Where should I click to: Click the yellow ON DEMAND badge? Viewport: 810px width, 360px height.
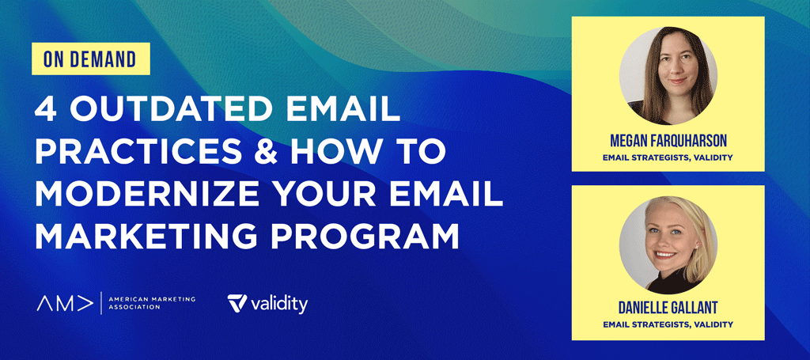click(x=91, y=59)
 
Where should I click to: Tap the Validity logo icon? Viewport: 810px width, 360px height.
click(x=237, y=303)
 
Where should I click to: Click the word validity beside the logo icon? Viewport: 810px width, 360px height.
click(x=278, y=304)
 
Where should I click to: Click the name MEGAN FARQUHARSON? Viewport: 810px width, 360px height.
click(x=668, y=141)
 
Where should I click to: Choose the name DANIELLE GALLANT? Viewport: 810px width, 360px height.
click(x=668, y=309)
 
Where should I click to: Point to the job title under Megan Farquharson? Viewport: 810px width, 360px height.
click(x=668, y=157)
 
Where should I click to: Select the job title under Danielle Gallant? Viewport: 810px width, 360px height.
click(x=668, y=325)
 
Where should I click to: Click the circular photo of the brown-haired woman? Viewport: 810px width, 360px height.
click(x=668, y=76)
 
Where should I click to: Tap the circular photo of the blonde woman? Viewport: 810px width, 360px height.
click(x=668, y=244)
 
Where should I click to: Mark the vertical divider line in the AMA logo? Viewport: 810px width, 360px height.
click(x=100, y=303)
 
